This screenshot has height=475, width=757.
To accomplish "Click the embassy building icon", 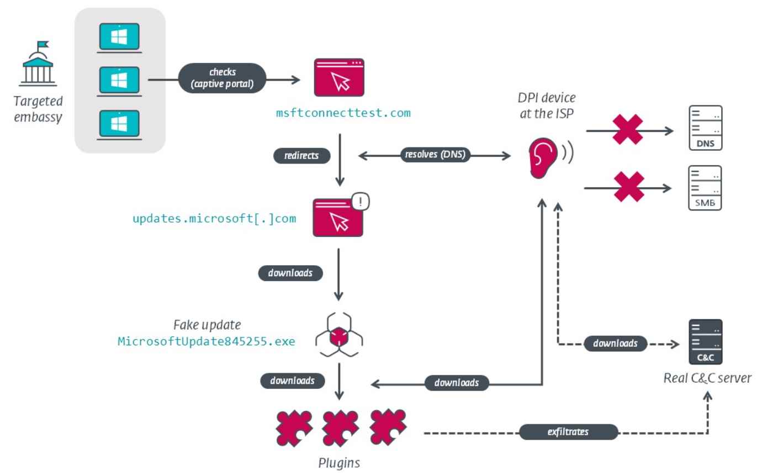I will (38, 64).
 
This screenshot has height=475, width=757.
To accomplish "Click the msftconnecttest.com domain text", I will (343, 113).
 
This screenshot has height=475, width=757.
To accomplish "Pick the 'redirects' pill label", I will (302, 156).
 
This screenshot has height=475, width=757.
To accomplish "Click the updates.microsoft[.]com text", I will (214, 218).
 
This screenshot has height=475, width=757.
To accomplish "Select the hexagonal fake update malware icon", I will (339, 335).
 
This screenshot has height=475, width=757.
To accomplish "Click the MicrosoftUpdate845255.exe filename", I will (208, 341).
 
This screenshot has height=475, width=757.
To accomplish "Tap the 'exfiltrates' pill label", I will (568, 432).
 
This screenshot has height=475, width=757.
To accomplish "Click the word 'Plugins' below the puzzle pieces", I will (339, 462).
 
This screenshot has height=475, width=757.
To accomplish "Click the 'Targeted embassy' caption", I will (39, 109).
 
